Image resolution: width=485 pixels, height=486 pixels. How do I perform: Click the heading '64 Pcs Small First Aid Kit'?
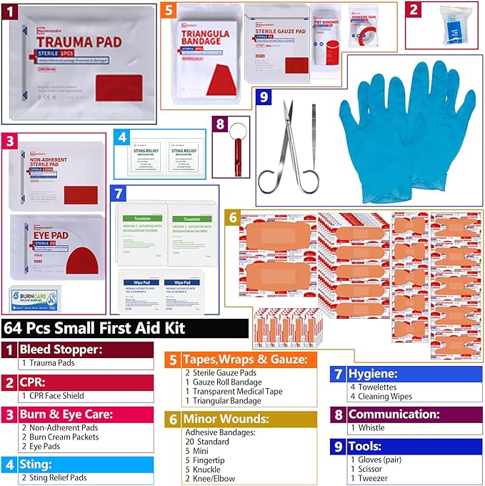click(96, 328)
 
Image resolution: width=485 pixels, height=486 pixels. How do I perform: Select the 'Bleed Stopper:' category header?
click(61, 349)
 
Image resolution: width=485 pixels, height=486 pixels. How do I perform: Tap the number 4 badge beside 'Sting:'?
click(9, 464)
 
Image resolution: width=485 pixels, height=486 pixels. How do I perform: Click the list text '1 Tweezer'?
click(369, 477)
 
